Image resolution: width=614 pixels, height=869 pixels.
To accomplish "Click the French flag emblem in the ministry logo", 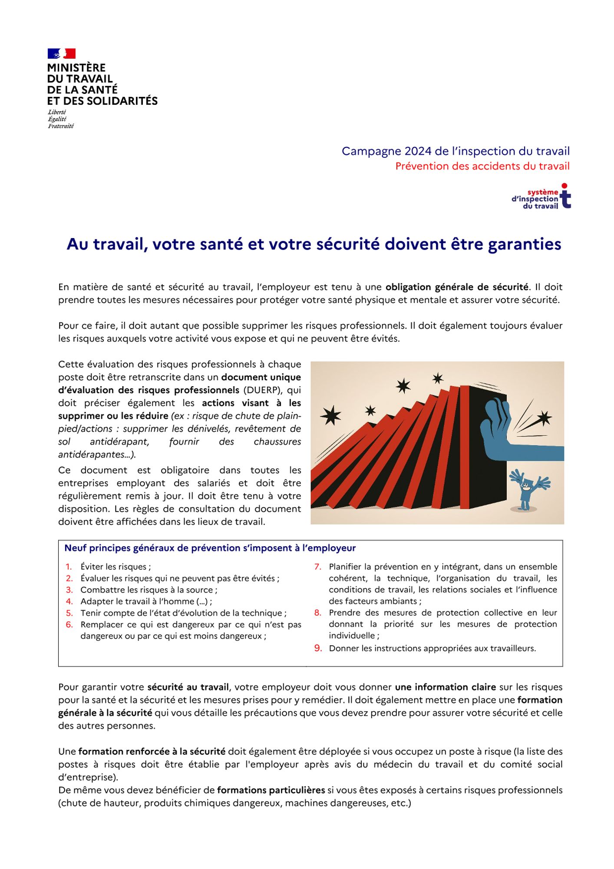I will (x=61, y=53).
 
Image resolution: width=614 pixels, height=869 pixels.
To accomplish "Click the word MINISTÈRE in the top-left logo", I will (x=76, y=68).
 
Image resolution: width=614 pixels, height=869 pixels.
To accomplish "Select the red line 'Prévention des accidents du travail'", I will (x=482, y=166).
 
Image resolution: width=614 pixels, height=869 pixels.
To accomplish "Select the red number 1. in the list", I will (x=69, y=567).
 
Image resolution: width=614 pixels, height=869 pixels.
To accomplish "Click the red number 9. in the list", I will (x=318, y=648).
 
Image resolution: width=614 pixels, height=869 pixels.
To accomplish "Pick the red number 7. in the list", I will (x=318, y=567).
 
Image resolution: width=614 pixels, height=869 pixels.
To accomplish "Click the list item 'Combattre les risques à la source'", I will (x=149, y=590).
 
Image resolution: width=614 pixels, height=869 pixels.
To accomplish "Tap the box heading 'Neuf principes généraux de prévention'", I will (x=210, y=548).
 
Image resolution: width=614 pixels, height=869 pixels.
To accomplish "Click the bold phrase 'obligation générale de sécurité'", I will (x=457, y=287).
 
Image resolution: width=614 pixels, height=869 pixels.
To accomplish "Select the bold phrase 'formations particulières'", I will (x=271, y=790).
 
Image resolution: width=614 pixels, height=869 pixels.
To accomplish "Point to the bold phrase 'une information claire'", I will (x=445, y=687).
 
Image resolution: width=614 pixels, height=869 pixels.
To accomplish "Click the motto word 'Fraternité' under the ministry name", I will (x=61, y=126).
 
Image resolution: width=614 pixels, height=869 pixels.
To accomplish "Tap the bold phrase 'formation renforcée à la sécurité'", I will (x=152, y=751).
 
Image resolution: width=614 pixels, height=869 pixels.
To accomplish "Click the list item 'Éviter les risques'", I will (x=115, y=567).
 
